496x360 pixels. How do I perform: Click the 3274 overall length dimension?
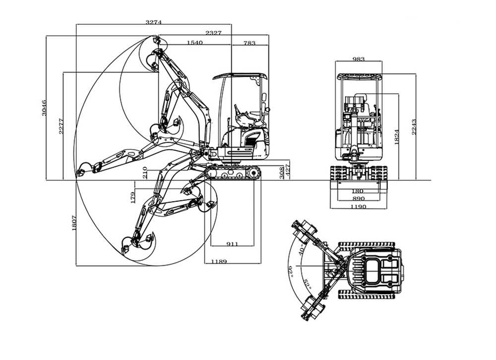click(x=154, y=22)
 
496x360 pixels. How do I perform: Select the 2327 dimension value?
click(x=214, y=33)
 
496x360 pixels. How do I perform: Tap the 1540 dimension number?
click(x=195, y=43)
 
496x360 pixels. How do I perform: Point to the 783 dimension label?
click(x=249, y=43)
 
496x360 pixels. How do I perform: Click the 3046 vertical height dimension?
click(x=44, y=108)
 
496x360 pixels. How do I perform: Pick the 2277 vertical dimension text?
click(x=61, y=126)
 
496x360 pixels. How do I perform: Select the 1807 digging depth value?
click(x=73, y=223)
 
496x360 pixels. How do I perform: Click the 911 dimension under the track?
click(x=232, y=243)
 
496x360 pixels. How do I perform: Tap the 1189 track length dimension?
click(x=219, y=261)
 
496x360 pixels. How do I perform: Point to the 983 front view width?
click(x=359, y=59)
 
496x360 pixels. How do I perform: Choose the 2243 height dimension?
click(x=414, y=127)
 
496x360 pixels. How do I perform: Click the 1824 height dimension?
click(x=396, y=137)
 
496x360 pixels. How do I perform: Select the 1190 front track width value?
click(x=358, y=206)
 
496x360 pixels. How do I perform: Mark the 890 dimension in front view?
click(x=358, y=198)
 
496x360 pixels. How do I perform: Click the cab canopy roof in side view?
click(x=240, y=76)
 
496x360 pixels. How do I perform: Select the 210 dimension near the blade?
click(x=144, y=172)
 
